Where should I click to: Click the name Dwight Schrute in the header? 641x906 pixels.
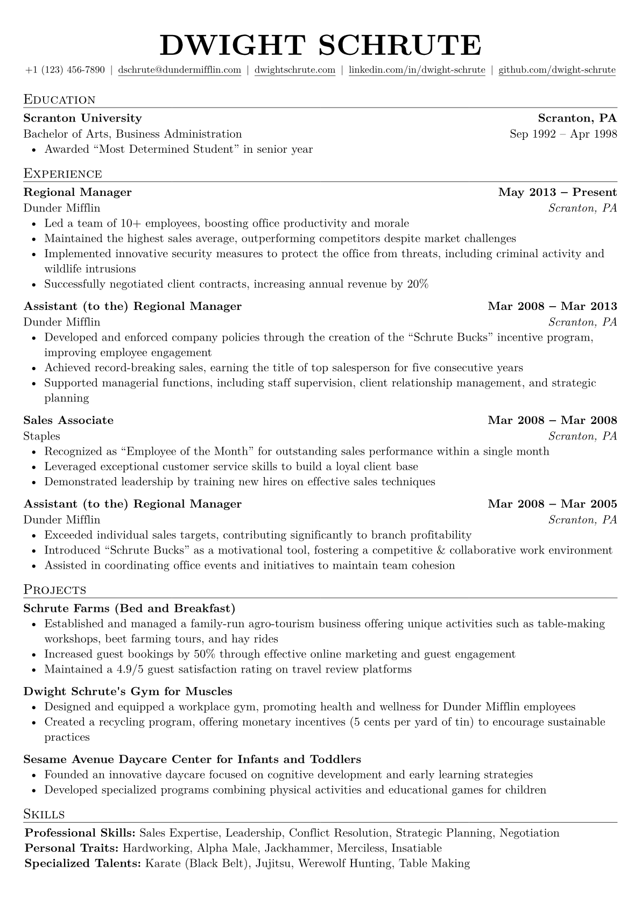tap(320, 44)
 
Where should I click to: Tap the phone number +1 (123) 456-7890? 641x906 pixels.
tap(65, 70)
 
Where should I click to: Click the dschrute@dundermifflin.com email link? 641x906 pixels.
tap(179, 70)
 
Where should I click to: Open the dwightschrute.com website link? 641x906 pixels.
tap(295, 70)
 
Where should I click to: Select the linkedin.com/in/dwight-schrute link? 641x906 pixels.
tap(417, 70)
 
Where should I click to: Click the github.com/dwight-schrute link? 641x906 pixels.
tap(557, 70)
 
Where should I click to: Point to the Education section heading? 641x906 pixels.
tap(59, 100)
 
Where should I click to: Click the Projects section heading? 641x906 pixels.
tap(55, 590)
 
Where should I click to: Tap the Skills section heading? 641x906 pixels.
tap(44, 814)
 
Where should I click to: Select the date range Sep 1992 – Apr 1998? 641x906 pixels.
tap(563, 134)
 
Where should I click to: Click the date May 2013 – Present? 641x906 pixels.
tap(558, 193)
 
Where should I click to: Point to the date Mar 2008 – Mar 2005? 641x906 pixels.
tap(552, 504)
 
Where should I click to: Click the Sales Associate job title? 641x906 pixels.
tap(68, 420)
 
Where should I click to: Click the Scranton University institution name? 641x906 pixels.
tap(82, 118)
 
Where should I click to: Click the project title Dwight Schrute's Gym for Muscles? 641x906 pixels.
tap(128, 691)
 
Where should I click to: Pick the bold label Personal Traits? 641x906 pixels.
tap(72, 848)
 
